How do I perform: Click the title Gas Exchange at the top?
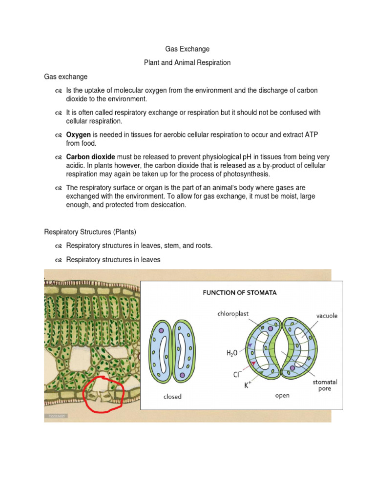pos(187,49)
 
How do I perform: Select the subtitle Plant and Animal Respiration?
pos(187,63)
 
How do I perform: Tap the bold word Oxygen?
pos(79,134)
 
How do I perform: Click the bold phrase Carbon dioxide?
pos(91,157)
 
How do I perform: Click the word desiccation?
pos(168,205)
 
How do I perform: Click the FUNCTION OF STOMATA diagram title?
pos(240,293)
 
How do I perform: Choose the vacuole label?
pos(327,316)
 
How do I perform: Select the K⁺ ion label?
pos(248,385)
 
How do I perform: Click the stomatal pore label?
pos(325,386)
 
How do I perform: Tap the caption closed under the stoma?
pos(172,397)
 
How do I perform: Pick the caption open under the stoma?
pos(282,396)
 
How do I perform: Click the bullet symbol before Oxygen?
pos(58,134)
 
